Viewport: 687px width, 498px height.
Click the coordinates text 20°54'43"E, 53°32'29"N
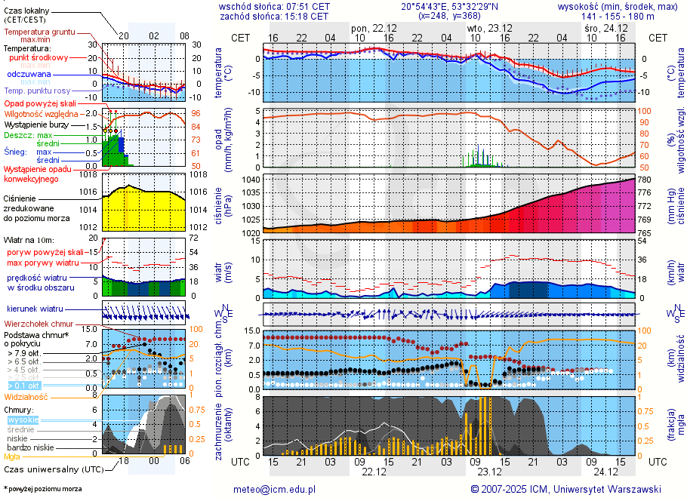(450, 6)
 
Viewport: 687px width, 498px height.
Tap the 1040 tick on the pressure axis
(251, 180)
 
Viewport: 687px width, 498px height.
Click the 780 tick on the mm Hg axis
(645, 180)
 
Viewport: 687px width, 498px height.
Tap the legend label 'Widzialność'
(26, 396)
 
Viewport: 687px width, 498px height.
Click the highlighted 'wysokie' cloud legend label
(23, 420)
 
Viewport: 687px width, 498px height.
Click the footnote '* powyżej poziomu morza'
(42, 489)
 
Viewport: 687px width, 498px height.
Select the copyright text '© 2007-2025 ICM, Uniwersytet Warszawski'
(565, 489)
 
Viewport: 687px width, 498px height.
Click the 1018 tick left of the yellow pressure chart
(89, 174)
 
